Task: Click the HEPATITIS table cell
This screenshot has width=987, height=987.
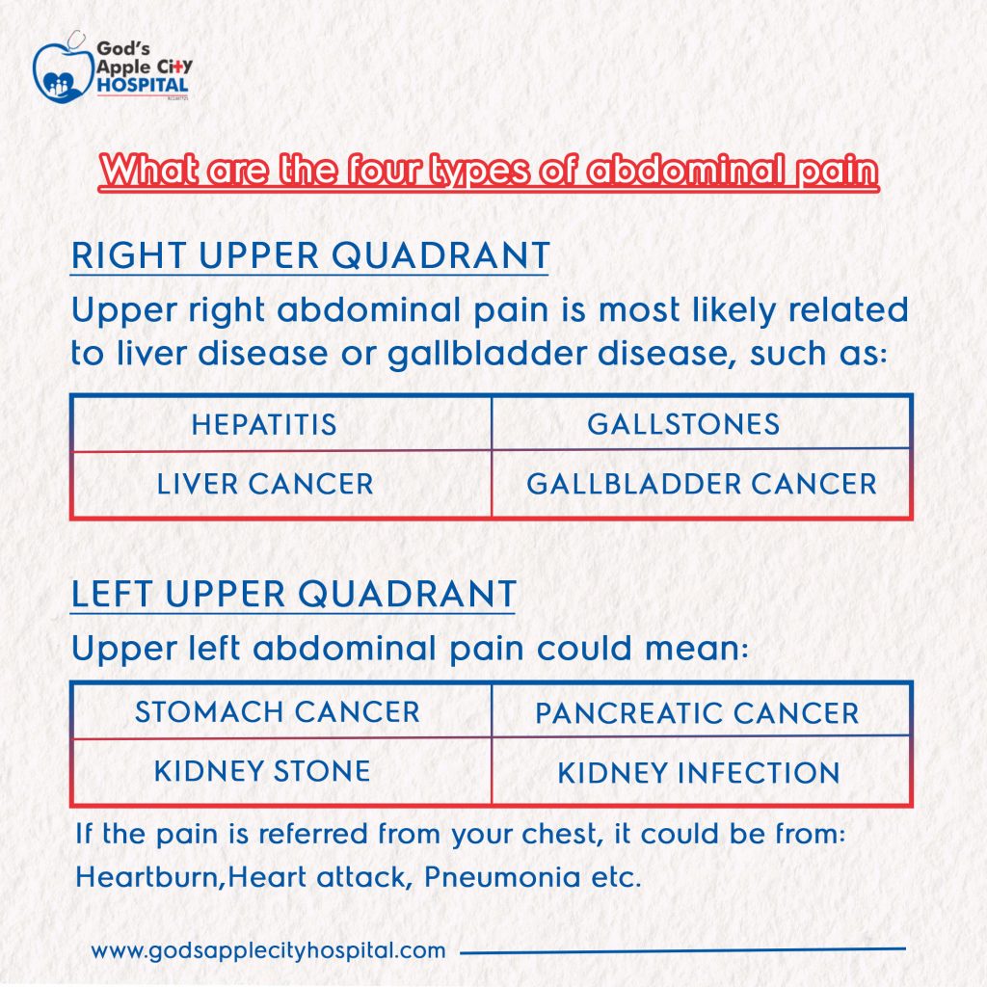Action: click(264, 424)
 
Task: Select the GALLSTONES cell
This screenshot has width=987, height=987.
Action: click(683, 424)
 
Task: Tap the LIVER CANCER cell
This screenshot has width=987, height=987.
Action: click(265, 484)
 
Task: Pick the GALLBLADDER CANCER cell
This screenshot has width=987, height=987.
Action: click(702, 484)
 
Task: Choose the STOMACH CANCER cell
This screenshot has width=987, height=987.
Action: click(278, 712)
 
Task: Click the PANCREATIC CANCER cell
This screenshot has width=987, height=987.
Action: click(697, 714)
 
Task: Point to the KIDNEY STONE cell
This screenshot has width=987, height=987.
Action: click(262, 771)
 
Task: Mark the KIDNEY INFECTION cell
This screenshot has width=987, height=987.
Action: click(699, 773)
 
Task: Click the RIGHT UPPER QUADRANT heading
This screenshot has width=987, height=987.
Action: click(310, 257)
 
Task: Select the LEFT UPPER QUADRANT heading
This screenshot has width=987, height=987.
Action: click(294, 594)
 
